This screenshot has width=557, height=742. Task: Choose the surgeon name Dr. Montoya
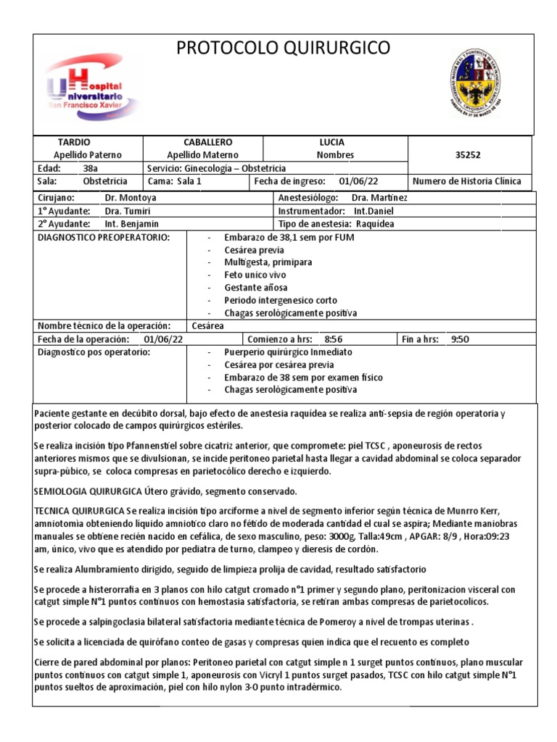point(131,197)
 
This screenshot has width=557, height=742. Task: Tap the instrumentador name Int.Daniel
point(373,210)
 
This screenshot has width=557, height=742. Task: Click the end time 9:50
point(461,338)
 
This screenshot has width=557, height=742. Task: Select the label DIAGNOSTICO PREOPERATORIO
point(103,238)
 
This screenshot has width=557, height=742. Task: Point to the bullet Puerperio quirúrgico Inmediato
point(289,351)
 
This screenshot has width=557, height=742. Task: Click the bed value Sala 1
point(189,181)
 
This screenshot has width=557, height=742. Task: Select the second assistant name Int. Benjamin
point(131,223)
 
